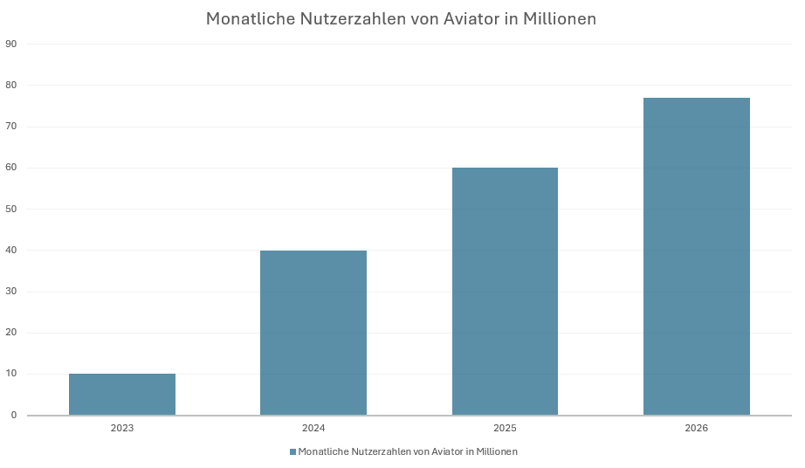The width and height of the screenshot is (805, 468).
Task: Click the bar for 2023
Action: tap(122, 395)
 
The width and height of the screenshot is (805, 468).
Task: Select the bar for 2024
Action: tap(313, 333)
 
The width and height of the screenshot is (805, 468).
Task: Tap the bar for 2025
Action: tap(505, 292)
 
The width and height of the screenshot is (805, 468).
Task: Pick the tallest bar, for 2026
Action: tap(696, 257)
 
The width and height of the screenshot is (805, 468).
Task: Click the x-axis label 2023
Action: tap(122, 429)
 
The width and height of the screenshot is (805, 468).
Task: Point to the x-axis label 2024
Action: tap(313, 429)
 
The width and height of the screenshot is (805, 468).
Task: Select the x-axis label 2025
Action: tap(505, 429)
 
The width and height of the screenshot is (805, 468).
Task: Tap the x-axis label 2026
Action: tap(696, 429)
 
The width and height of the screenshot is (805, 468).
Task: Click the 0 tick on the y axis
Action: tap(13, 416)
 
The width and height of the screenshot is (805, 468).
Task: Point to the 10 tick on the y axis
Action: tap(11, 374)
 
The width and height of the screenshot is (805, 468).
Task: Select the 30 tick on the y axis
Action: tap(11, 292)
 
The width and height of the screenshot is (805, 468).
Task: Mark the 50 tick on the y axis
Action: tap(11, 209)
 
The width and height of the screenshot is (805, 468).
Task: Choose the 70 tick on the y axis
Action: tap(11, 127)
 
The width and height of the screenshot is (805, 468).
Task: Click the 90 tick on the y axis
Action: tap(11, 44)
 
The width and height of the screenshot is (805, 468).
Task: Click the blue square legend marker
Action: tap(292, 452)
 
